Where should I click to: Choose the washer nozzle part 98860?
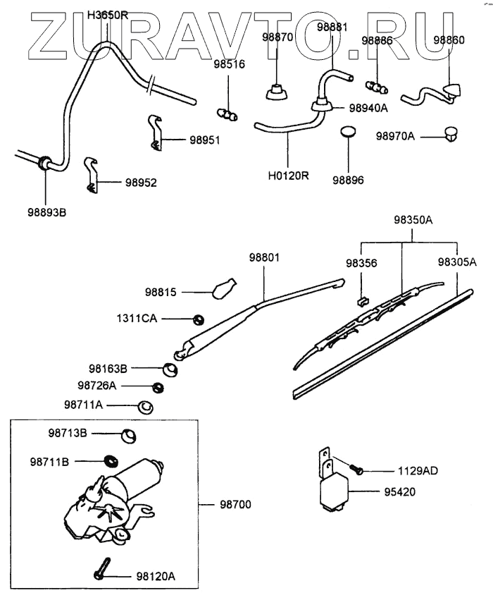pos(451,90)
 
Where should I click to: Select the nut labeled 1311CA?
pos(199,319)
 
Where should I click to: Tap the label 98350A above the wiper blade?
pos(404,221)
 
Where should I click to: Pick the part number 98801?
pos(263,258)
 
